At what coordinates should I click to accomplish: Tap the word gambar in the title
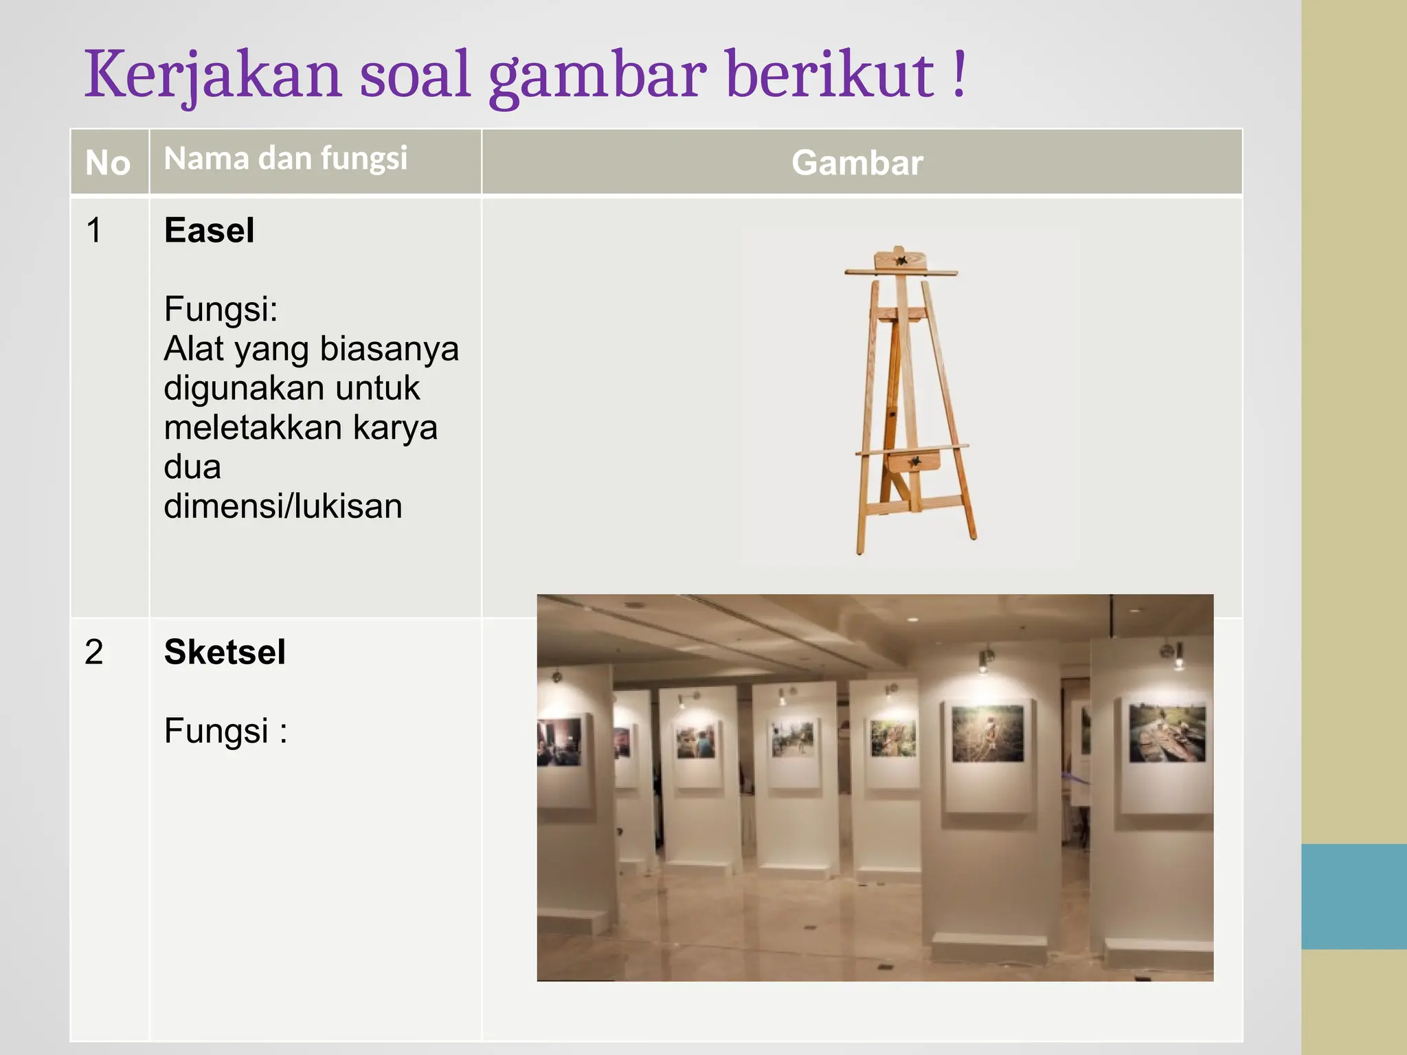tap(597, 76)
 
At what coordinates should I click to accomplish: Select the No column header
tap(108, 163)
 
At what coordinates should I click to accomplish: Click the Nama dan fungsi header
tap(286, 159)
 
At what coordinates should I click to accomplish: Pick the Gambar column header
tap(857, 163)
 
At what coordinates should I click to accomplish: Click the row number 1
tap(94, 230)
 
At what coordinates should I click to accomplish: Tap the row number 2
tap(94, 652)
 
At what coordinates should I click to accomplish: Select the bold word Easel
tap(209, 230)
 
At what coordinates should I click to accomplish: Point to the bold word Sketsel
tap(225, 652)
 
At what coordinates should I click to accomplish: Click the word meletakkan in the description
tap(252, 427)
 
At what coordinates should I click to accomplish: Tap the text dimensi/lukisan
tap(282, 506)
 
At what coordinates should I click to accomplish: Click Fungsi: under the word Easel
tap(221, 309)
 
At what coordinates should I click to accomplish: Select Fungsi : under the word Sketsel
tap(225, 731)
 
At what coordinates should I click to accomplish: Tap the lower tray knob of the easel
tap(915, 461)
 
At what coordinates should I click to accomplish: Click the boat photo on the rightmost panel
tap(1167, 733)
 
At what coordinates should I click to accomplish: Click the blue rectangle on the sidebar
tap(1353, 896)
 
